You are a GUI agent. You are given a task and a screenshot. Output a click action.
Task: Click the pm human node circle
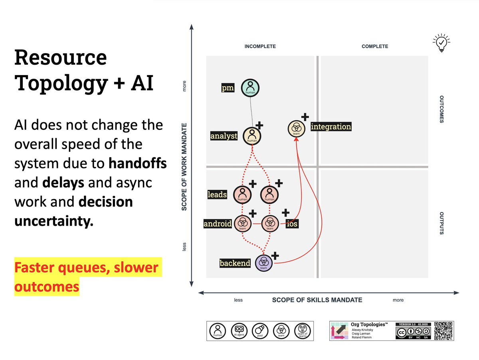point(250,87)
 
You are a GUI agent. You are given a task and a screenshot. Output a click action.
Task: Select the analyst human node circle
point(251,136)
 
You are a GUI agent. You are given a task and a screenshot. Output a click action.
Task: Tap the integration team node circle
point(297,129)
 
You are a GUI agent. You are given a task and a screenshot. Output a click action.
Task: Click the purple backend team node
point(263,263)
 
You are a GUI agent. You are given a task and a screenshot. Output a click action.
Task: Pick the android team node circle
point(242,223)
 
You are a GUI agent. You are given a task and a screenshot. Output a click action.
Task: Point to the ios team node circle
point(270,223)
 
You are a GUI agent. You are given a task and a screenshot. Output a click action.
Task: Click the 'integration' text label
point(331,127)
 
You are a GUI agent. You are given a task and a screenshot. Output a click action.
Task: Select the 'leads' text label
point(217,195)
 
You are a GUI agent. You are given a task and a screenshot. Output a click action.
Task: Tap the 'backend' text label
point(235,263)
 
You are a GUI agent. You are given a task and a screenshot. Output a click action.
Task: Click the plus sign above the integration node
point(305,117)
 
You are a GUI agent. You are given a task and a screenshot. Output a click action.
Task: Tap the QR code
point(443,330)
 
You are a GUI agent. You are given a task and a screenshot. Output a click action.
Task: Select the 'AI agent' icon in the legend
point(239,330)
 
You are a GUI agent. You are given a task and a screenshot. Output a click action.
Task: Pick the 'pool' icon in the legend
point(260,330)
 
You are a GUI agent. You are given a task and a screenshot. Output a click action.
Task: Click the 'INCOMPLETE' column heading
point(260,46)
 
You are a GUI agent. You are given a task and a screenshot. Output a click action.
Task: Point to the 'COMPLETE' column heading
point(375,46)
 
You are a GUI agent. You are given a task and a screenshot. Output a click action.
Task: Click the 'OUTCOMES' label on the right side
point(441,109)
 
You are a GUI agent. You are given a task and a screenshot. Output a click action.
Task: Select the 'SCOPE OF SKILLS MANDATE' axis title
point(317,300)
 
